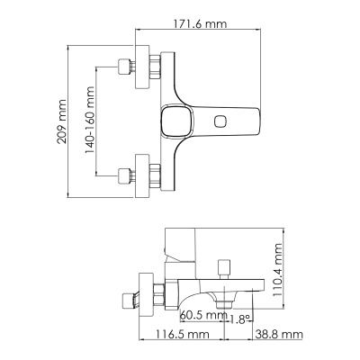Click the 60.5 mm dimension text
(202, 314)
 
